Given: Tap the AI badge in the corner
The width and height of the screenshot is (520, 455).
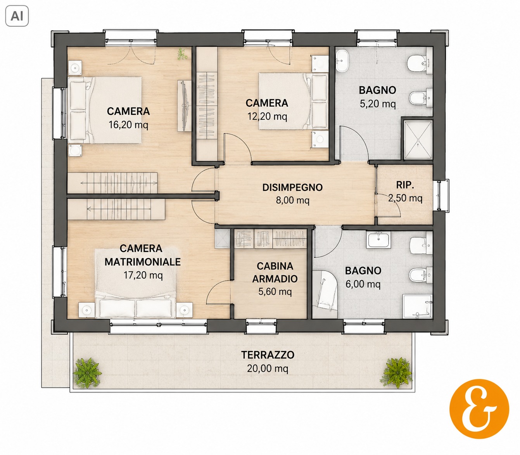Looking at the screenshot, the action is tap(17, 16).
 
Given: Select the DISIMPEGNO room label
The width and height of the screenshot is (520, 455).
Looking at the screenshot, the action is tap(292, 187).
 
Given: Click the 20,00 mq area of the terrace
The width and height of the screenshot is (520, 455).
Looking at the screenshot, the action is tap(268, 368).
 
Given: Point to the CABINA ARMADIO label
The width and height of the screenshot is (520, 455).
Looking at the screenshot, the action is tap(275, 272).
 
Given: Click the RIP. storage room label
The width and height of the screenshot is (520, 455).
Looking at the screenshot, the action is tap(405, 185).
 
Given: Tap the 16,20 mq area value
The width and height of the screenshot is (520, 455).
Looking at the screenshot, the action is tap(128, 125).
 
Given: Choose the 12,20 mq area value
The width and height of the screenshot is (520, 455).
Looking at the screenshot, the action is tap(267, 116).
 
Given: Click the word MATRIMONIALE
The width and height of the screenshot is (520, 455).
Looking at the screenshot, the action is tap(143, 262).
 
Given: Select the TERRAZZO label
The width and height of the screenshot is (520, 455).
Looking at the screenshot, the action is tap(268, 355).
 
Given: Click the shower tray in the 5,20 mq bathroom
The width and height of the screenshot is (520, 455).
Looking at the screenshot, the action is tap(418, 140).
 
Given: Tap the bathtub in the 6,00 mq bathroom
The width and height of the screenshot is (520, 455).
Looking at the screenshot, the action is tap(325, 294).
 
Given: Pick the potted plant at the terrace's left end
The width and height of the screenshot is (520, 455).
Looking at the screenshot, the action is tap(87, 373).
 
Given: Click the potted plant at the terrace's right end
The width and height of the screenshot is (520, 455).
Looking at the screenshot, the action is tap(397, 373).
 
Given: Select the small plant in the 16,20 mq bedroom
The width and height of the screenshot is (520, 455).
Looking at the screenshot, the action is tap(181, 54).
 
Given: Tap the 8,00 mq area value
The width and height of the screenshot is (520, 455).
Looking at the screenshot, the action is tap(292, 201).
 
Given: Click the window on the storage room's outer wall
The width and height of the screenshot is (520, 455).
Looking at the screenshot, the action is tap(442, 195).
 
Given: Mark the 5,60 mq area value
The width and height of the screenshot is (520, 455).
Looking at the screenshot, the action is tap(275, 292).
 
